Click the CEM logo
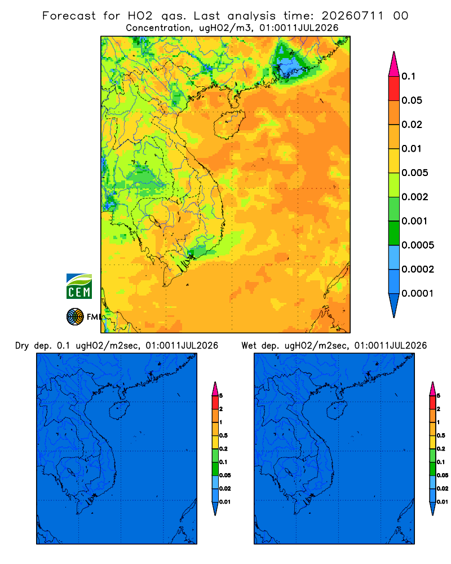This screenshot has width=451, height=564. (x=79, y=286)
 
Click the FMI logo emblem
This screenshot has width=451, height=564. (x=75, y=316)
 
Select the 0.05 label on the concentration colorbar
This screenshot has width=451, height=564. (x=412, y=100)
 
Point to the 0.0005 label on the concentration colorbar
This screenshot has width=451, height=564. (x=418, y=245)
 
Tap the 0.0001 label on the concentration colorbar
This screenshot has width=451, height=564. (x=418, y=293)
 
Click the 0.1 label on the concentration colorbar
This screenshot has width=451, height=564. (x=409, y=76)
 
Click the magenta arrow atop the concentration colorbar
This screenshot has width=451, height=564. (x=394, y=64)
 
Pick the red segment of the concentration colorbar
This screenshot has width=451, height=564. (x=394, y=89)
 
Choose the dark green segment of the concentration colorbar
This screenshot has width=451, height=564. (x=394, y=233)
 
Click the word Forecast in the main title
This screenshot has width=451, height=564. (x=69, y=16)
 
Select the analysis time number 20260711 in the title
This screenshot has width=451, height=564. (x=352, y=16)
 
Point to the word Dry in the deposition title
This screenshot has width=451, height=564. (x=22, y=346)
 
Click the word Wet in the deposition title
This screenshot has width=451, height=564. (x=249, y=346)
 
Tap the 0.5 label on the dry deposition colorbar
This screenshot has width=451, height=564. (x=223, y=435)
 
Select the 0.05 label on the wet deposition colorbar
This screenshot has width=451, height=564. (x=443, y=475)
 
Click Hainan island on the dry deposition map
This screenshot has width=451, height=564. (x=120, y=411)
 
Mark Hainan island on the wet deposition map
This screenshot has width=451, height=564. (x=337, y=411)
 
